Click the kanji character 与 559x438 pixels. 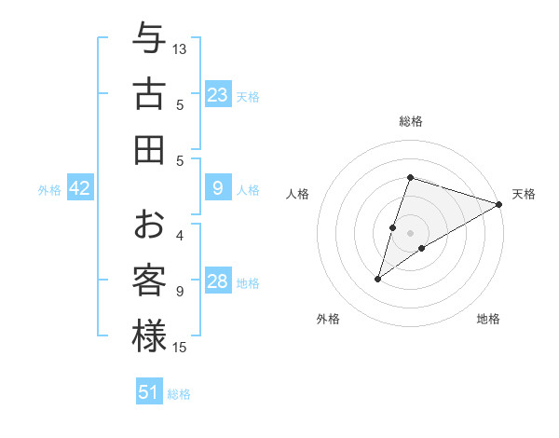point(149,39)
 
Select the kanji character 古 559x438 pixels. point(149,94)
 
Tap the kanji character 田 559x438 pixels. point(149,149)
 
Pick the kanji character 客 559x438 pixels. point(149,281)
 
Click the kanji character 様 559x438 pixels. point(149,335)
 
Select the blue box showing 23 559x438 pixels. point(218,95)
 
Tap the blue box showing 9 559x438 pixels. point(218,188)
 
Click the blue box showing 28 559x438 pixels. point(218,281)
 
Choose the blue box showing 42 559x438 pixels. point(80,188)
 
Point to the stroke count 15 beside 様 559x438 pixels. point(180,348)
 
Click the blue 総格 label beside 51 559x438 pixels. point(179,394)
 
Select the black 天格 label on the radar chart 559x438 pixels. point(524,194)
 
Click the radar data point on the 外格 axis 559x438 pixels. point(378,278)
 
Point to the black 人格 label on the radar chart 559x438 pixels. point(298,194)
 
